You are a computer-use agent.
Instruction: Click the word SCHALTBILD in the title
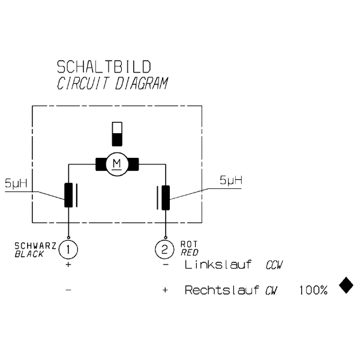coord(103,66)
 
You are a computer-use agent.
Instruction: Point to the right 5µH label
coord(231,181)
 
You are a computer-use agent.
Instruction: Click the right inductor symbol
coord(165,197)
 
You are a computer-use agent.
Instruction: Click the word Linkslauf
coord(215,264)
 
